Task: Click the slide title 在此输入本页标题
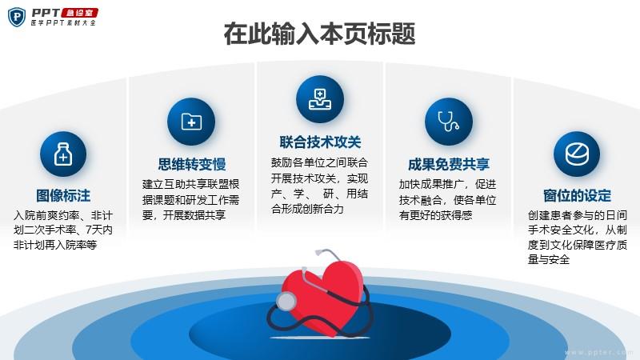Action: (319, 34)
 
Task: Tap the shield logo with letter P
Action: (17, 17)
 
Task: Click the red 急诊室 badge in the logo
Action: (80, 13)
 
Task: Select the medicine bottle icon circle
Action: (63, 154)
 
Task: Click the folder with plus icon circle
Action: (191, 122)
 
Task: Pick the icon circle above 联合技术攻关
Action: (320, 99)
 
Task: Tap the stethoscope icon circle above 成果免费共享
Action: (449, 122)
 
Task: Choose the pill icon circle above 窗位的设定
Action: (577, 154)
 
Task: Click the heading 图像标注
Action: (63, 195)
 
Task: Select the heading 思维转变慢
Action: (192, 164)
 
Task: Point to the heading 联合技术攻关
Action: (320, 142)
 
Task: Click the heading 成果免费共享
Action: (449, 164)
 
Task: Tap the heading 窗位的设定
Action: (577, 195)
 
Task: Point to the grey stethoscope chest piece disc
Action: (286, 302)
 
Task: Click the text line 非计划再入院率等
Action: (55, 245)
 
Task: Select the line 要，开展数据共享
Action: (184, 215)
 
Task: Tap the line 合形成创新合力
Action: (307, 209)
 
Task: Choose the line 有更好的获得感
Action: (435, 215)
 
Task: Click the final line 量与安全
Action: (549, 259)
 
